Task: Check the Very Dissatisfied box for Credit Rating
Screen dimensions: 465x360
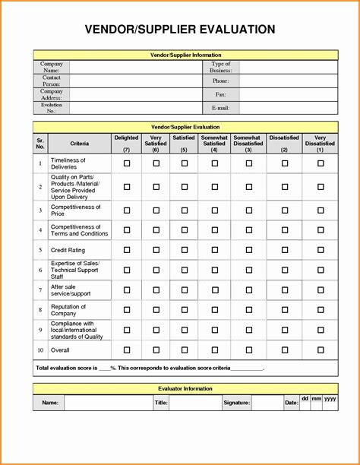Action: (x=321, y=250)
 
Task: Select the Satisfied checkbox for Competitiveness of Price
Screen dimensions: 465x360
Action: (x=183, y=210)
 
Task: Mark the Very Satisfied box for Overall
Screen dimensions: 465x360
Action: (x=156, y=350)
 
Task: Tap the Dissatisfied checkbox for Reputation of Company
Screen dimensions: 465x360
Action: (x=284, y=309)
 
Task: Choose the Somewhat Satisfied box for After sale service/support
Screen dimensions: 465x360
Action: (x=214, y=289)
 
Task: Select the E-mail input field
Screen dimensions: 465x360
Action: (x=289, y=109)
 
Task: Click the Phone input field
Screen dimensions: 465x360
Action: (x=289, y=81)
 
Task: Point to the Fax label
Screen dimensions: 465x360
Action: (x=221, y=94)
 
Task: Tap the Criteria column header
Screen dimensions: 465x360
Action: (x=80, y=144)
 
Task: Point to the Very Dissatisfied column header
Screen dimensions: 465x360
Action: (x=320, y=143)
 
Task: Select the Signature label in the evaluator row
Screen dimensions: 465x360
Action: (x=236, y=403)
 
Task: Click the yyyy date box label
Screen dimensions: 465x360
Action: (x=330, y=398)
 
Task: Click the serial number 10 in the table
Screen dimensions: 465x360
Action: (x=40, y=350)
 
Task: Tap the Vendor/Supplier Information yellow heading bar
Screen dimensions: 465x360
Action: (x=185, y=55)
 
